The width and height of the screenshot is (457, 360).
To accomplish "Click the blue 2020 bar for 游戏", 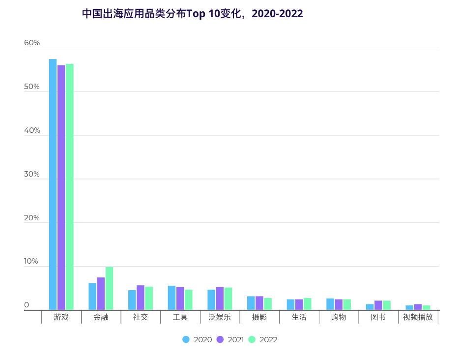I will (53, 184).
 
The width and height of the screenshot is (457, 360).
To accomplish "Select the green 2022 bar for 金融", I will (109, 289).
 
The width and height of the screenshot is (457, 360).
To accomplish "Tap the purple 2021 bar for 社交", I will (141, 298).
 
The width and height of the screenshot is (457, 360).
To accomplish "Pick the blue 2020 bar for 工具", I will (171, 298).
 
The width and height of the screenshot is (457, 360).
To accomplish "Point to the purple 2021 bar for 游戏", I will (61, 187).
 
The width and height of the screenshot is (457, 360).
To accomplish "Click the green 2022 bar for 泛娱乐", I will (228, 299).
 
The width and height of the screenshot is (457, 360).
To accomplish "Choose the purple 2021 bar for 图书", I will (378, 305).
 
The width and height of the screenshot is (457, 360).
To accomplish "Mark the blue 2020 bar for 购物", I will (330, 304).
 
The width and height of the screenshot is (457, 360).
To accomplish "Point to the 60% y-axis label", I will (32, 43).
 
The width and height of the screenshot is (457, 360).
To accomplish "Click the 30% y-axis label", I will (32, 175).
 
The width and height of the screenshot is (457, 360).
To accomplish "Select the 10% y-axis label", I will (31, 262).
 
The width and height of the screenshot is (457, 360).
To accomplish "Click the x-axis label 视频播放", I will (418, 317).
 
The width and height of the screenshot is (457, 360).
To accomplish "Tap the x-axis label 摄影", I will (259, 317).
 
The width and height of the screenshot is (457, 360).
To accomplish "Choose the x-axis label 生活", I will (299, 317).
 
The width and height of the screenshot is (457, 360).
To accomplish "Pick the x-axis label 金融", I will (101, 317).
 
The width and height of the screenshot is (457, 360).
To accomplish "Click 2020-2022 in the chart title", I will (278, 14).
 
